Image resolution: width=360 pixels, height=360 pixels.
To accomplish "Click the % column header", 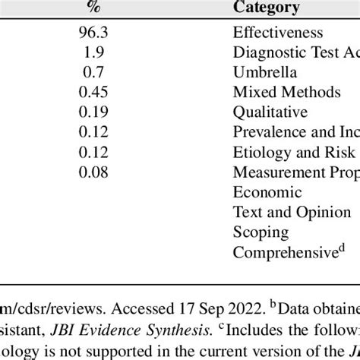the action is coord(94,8).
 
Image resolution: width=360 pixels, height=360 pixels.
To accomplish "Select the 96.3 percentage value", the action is coord(94,33).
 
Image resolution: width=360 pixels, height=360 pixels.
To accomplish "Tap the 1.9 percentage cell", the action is coord(94,52).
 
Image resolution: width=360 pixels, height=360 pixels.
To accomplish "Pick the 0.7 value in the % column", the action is coord(94,73).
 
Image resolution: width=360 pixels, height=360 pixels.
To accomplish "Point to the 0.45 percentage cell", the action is coord(94,93).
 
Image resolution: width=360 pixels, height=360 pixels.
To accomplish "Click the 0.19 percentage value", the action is coord(94,112).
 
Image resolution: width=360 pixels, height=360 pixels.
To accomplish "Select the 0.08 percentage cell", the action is coord(94,172).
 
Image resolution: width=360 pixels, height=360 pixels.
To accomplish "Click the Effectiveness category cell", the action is coord(278,33).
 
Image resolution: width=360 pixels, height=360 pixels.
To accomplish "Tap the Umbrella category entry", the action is coord(265,73).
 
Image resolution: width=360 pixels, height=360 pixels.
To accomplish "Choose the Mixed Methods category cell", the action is coord(287,93).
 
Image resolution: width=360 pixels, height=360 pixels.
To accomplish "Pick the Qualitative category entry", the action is coord(270,112).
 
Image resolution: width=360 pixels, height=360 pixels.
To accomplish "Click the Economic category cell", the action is coord(267,192).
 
